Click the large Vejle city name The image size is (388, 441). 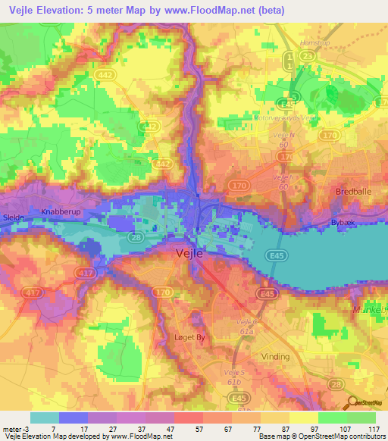(189, 254)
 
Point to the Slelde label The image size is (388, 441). (13, 217)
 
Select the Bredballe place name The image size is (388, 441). (352, 192)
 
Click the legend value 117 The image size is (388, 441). (372, 428)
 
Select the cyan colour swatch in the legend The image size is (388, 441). (44, 418)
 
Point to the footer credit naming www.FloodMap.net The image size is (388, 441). (92, 436)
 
